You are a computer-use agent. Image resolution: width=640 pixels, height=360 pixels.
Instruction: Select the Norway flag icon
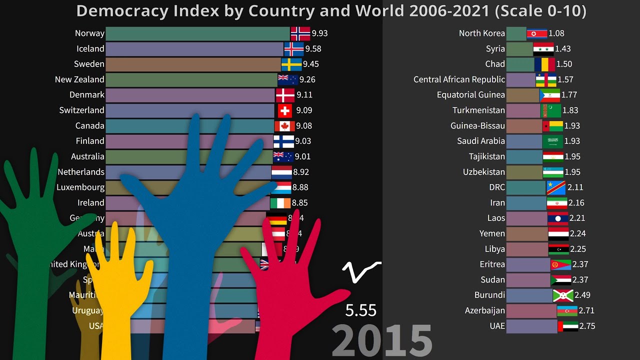pos(300,33)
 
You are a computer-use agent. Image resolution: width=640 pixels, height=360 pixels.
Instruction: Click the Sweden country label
pos(89,64)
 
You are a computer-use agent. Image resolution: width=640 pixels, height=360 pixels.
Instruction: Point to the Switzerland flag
pos(284,110)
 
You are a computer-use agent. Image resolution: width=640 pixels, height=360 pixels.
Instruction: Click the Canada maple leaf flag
pos(284,126)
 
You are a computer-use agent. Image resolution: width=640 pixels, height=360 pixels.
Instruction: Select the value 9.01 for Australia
pos(302,156)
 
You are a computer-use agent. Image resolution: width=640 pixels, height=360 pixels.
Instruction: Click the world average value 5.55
pos(360,310)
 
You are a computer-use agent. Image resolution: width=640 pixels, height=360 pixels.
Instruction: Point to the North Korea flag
pos(536,33)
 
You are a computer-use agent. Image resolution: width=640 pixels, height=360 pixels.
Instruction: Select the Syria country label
pos(495,49)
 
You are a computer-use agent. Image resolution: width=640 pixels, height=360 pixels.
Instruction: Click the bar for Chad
pos(520,64)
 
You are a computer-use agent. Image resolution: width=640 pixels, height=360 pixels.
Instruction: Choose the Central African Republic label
pos(459,79)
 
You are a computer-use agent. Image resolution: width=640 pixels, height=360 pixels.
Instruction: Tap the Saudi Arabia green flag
pos(552,141)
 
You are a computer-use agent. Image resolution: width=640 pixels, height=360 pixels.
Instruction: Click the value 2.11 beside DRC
pos(575,187)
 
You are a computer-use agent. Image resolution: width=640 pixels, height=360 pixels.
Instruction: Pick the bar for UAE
pos(531,326)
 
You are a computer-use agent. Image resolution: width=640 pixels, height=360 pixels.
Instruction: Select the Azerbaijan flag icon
pos(567,310)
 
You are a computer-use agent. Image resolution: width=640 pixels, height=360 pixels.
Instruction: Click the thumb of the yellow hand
pos(146,272)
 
